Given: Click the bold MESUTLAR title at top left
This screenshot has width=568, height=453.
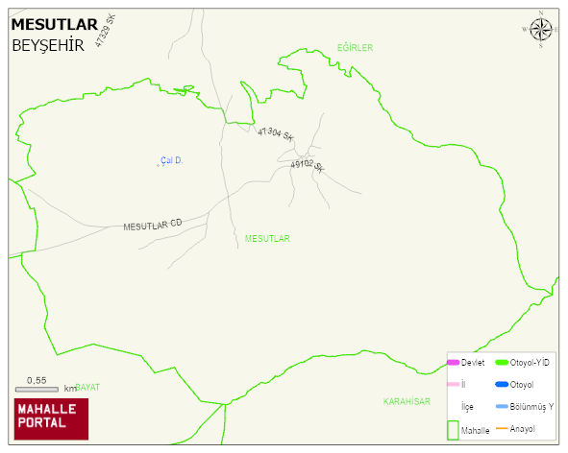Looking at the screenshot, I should [54, 25].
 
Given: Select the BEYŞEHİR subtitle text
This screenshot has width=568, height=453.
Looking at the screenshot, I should [48, 45].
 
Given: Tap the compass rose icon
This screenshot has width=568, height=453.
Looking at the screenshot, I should [541, 30].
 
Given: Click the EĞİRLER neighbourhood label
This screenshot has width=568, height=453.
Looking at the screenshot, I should [355, 47].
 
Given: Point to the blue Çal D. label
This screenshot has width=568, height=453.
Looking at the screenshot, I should [171, 160].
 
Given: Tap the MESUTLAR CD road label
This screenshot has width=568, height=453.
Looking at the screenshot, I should [152, 225].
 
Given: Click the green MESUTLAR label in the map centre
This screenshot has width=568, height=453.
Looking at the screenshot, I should [267, 238].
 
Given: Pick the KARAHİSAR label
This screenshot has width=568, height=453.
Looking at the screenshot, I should [407, 401].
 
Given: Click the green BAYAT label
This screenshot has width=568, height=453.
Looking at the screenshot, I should [88, 387].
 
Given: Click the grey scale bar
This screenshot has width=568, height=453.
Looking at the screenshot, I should [38, 389].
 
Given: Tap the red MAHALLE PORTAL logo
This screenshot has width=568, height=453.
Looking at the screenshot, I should [51, 418].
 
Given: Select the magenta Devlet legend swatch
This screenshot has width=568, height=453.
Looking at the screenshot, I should [453, 362].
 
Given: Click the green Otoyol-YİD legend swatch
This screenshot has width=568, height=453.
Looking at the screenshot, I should [501, 362].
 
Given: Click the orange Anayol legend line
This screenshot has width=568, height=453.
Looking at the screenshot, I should [501, 428].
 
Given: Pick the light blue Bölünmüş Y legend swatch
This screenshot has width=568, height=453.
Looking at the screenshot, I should [501, 406].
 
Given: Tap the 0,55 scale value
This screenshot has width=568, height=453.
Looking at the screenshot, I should [37, 380].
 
